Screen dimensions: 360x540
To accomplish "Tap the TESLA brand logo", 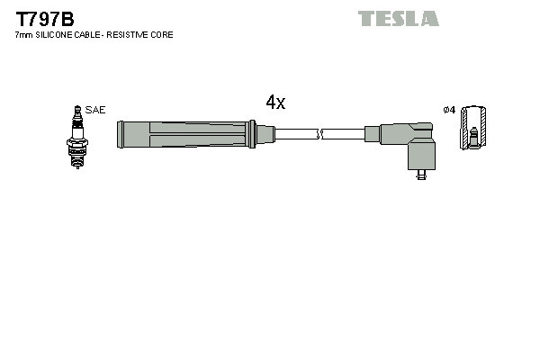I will pyautogui.click(x=398, y=18).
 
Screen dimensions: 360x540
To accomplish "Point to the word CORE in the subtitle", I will pyautogui.click(x=162, y=35).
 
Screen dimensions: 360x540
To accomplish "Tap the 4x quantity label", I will pyautogui.click(x=275, y=103).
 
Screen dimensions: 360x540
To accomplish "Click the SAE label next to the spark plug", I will pyautogui.click(x=96, y=110).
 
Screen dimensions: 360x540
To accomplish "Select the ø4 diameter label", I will pyautogui.click(x=449, y=110).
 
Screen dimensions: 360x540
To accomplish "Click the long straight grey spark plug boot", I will pyautogui.click(x=184, y=135).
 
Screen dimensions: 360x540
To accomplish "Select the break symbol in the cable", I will pyautogui.click(x=320, y=135).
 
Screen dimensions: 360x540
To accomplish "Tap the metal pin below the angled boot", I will pyautogui.click(x=420, y=176).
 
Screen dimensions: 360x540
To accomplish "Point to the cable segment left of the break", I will pyautogui.click(x=296, y=135).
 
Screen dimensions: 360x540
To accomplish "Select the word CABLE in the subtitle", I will pyautogui.click(x=90, y=35).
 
